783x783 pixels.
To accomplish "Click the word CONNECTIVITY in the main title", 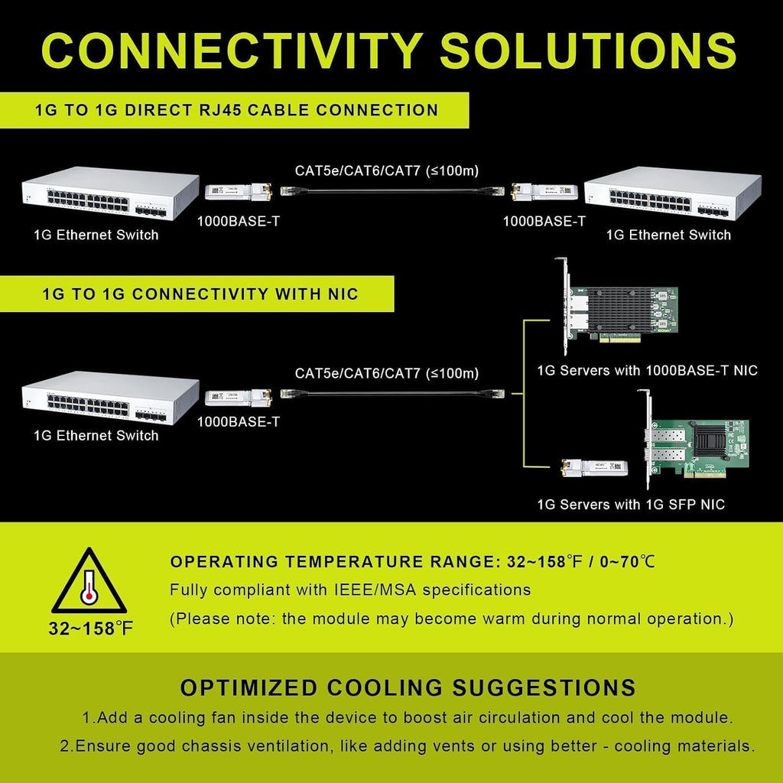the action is click(x=232, y=50).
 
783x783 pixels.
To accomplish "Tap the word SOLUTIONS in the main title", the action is click(x=588, y=50).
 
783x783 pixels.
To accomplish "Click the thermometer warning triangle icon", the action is click(x=89, y=581).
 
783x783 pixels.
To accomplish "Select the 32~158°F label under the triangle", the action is click(x=91, y=629).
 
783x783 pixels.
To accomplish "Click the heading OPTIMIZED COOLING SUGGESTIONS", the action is click(x=408, y=687).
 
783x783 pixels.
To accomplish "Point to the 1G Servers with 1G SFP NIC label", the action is click(x=631, y=505).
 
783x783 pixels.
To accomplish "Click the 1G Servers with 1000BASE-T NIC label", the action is click(x=647, y=371).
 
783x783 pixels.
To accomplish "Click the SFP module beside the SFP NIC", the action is click(x=594, y=467).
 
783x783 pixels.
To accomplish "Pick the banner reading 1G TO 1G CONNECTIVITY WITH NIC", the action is click(x=197, y=294).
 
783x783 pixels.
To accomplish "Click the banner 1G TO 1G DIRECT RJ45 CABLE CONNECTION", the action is click(x=234, y=110).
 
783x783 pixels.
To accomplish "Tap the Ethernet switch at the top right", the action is click(x=673, y=193).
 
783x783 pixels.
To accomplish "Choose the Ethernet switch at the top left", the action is click(x=110, y=193).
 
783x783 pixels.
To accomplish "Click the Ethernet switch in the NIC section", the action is click(x=110, y=398).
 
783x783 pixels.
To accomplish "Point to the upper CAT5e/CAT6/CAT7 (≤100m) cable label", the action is click(x=387, y=171).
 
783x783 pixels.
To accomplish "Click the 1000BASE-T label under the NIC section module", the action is click(x=239, y=422).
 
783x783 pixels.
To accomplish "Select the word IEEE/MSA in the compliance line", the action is click(x=375, y=590).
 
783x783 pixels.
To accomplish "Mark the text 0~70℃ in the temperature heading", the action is click(x=627, y=562).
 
